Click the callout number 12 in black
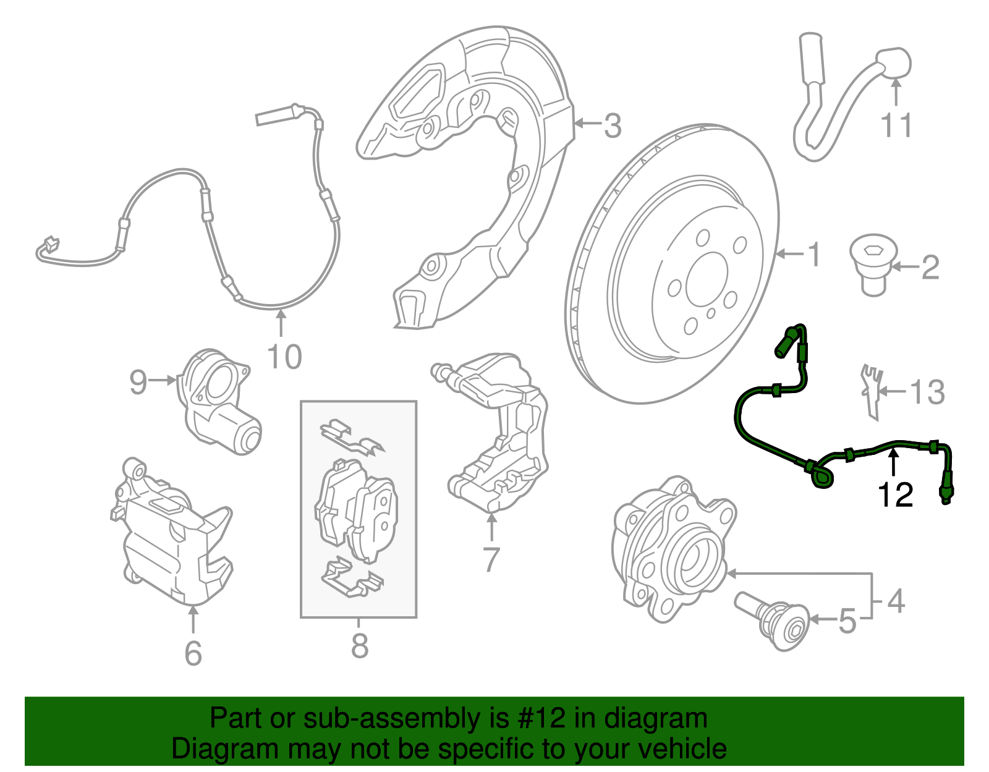pyautogui.click(x=895, y=495)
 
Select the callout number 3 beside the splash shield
pyautogui.click(x=612, y=126)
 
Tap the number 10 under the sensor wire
pyautogui.click(x=284, y=357)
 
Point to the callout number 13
pyautogui.click(x=927, y=392)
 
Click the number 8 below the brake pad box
pyautogui.click(x=359, y=646)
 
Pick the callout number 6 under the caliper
pyautogui.click(x=193, y=653)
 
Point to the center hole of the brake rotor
pyautogui.click(x=707, y=277)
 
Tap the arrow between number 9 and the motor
pyautogui.click(x=163, y=380)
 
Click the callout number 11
pyautogui.click(x=896, y=126)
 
